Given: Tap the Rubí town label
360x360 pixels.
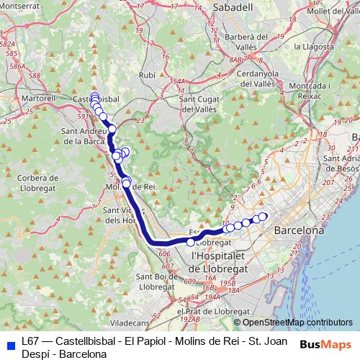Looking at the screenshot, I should pos(147,75).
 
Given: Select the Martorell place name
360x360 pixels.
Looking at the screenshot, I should pos(40,96).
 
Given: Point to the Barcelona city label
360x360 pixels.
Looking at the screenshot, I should pos(297,232).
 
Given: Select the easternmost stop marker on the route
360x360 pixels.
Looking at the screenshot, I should pos(263,217).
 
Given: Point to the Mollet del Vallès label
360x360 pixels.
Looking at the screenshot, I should pos(332,11).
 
